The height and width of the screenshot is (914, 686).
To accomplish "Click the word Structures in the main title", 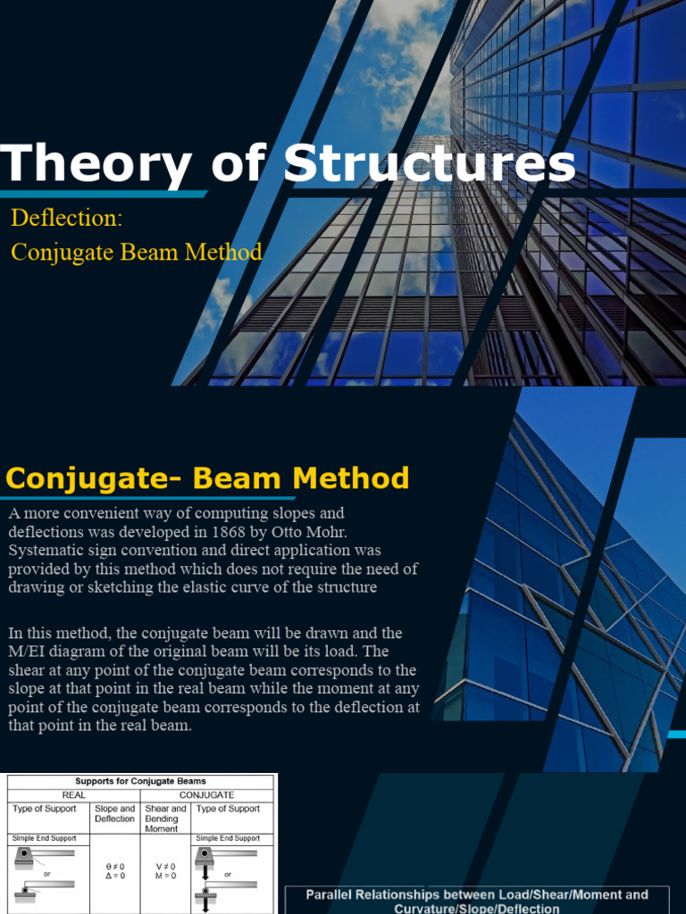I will (430, 164).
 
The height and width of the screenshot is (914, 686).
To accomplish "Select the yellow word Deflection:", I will (66, 218).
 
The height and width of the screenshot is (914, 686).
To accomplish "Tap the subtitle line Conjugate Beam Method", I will (136, 253).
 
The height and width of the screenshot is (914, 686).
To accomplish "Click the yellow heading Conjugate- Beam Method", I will (207, 478).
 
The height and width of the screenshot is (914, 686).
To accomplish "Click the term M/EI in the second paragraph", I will (29, 652).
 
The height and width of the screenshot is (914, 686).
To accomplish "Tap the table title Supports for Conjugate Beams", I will (142, 781).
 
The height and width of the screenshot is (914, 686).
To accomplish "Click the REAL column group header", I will (74, 794).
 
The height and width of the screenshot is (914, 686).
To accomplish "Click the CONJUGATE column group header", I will (206, 794).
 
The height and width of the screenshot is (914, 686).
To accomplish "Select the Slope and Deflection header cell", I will (114, 813).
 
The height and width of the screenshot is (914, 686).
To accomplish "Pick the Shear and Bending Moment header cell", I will (166, 818).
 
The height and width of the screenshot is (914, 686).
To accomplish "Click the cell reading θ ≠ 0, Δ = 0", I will (115, 871).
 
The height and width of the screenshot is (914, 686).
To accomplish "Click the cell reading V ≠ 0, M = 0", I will (166, 871).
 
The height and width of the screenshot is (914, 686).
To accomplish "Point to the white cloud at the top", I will (402, 36).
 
